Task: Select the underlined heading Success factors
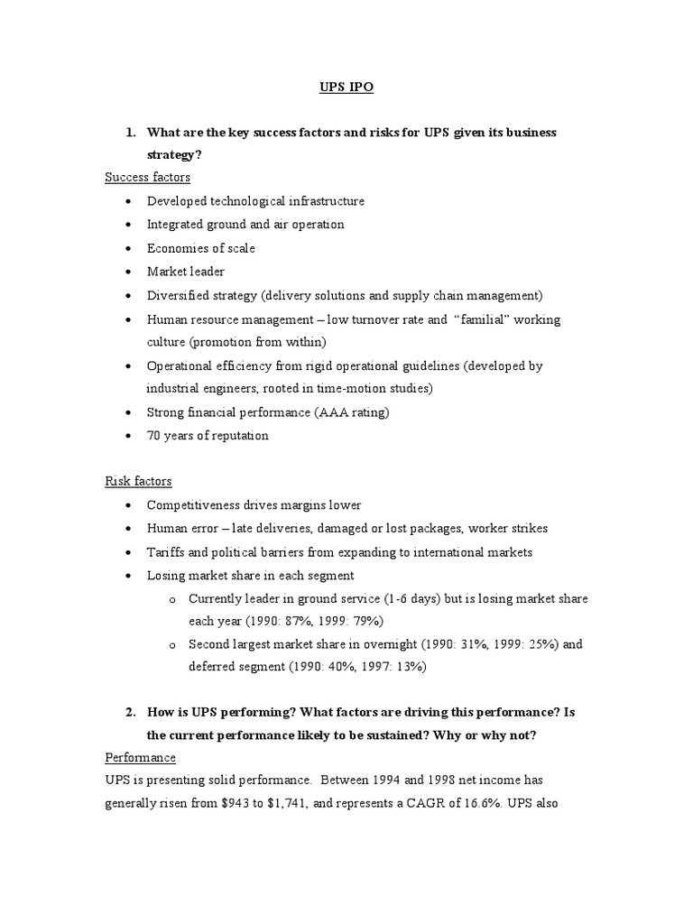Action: coord(147,178)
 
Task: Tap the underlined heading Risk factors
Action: coord(138,482)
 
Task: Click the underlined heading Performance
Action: coord(140,757)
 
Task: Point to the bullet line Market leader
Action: coord(186,272)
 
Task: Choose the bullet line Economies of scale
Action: coord(201,248)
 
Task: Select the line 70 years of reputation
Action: coord(208,436)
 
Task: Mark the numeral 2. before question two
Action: coord(131,712)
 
